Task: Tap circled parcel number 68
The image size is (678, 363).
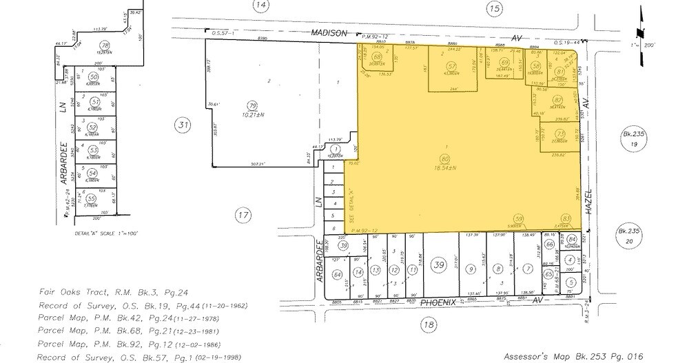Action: [377, 56]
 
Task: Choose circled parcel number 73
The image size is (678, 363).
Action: [561, 134]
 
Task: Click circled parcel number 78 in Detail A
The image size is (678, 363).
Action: [105, 45]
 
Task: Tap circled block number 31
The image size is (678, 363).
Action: [182, 125]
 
